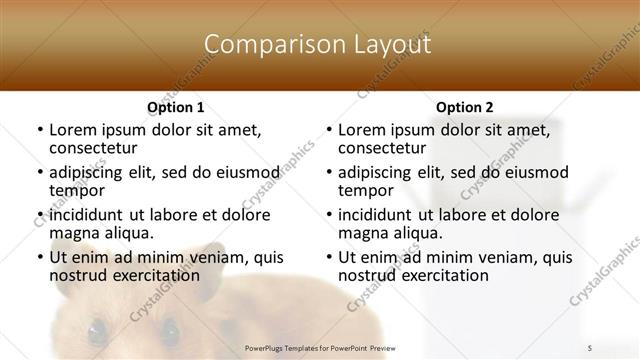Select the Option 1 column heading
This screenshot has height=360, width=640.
tap(176, 106)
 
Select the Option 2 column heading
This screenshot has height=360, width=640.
tap(464, 106)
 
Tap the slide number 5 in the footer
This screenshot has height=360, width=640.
tap(590, 347)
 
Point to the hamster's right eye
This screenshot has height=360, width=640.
tap(169, 328)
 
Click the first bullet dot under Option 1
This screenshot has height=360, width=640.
tap(38, 131)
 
